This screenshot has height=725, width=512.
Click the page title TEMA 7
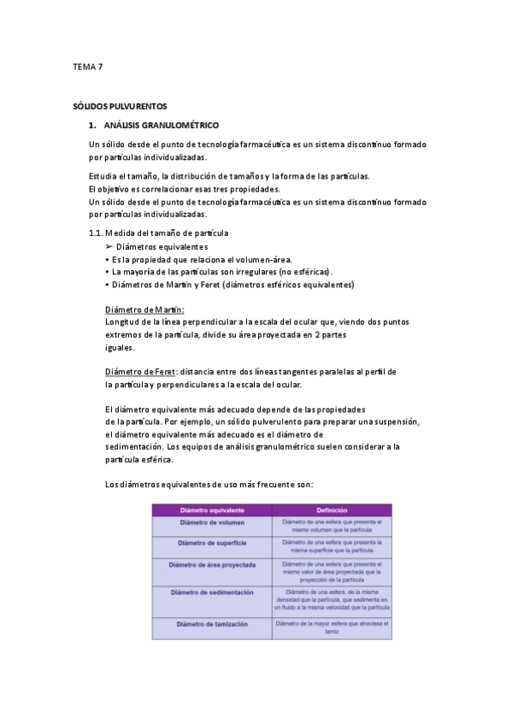[87, 66]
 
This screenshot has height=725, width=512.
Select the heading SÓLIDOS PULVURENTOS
[120, 108]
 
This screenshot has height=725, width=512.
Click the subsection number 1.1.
[95, 233]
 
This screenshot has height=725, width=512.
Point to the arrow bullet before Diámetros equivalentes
[109, 246]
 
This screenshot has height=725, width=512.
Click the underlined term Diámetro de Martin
[144, 309]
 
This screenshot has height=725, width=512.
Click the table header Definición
[332, 510]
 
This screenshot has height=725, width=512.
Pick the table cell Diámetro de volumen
[212, 523]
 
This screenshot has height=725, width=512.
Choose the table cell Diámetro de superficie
[212, 544]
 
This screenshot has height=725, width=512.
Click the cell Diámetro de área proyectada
[212, 565]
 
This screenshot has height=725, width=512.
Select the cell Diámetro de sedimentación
[212, 592]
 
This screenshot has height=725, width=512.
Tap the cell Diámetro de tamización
[212, 624]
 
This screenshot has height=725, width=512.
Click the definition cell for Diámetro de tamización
[332, 628]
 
